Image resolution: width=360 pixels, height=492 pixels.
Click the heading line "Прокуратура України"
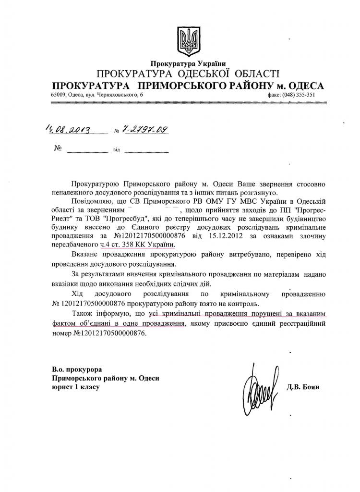tap(188, 63)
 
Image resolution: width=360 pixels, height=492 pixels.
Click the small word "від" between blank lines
tap(116, 150)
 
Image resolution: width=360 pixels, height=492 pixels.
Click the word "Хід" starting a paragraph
tap(77, 293)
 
